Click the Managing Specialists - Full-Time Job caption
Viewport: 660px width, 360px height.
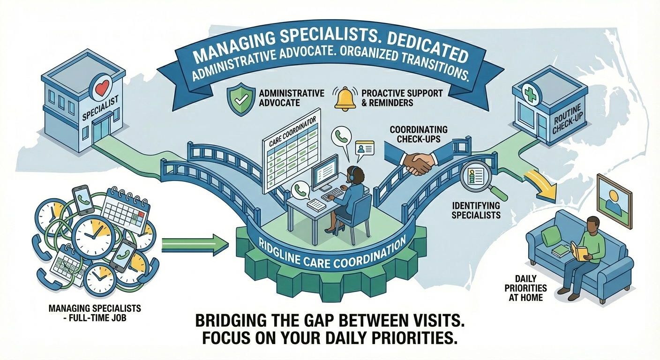click(94, 313)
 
